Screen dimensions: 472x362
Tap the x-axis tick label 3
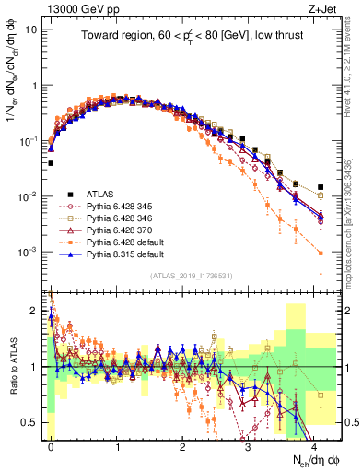tap(249, 447)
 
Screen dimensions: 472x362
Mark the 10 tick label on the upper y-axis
tap(33, 29)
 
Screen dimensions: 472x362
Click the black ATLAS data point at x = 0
tap(51, 163)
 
